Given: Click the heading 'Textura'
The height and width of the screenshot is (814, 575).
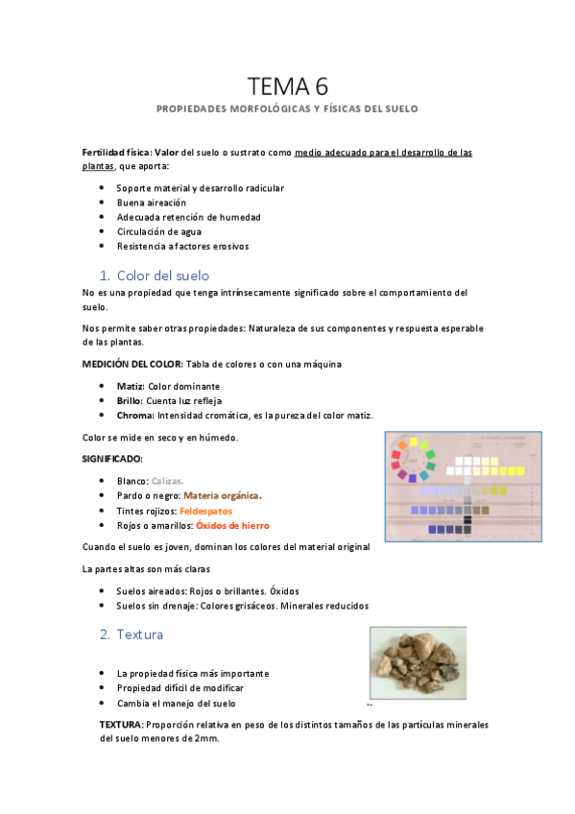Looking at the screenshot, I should [139, 634].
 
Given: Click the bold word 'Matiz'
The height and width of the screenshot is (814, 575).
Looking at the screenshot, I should [130, 386].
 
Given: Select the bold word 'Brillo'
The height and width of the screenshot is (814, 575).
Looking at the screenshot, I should [131, 400].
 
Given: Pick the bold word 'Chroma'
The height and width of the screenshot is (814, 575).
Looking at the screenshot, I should [135, 415].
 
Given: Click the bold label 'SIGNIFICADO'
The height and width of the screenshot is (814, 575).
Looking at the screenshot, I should [112, 459].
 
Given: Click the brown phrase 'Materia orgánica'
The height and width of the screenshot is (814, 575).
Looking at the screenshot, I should [222, 495].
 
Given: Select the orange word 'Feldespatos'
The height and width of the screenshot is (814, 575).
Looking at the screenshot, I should [205, 511].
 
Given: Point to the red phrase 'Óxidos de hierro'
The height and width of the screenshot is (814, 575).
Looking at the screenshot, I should [232, 525].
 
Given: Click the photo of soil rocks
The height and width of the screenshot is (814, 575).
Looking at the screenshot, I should [418, 663].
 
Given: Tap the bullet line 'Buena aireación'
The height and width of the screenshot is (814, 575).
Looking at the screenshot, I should [151, 203].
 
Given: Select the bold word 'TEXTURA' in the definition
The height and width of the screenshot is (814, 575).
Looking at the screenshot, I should [121, 725].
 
